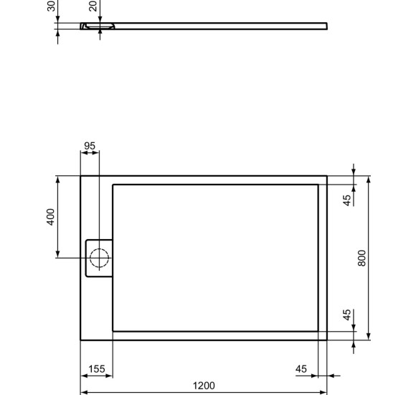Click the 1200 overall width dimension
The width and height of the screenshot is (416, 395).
(x=204, y=386)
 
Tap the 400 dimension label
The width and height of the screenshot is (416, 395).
(x=51, y=216)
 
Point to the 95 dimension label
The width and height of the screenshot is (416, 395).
(x=90, y=147)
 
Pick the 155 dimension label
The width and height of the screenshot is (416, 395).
(x=96, y=369)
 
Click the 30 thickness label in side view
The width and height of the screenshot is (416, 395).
(x=52, y=6)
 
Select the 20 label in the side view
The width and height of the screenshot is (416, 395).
(x=93, y=6)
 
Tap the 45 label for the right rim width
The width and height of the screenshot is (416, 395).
(x=301, y=369)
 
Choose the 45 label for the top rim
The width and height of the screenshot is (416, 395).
(x=347, y=200)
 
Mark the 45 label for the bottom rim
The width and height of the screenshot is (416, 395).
(x=347, y=315)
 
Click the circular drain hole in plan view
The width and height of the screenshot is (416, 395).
(x=99, y=257)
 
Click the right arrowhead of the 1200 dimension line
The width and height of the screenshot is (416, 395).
(x=324, y=392)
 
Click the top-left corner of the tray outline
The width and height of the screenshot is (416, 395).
(x=80, y=176)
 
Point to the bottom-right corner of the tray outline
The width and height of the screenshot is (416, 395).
(x=327, y=339)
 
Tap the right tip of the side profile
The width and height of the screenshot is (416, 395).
(x=327, y=27)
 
